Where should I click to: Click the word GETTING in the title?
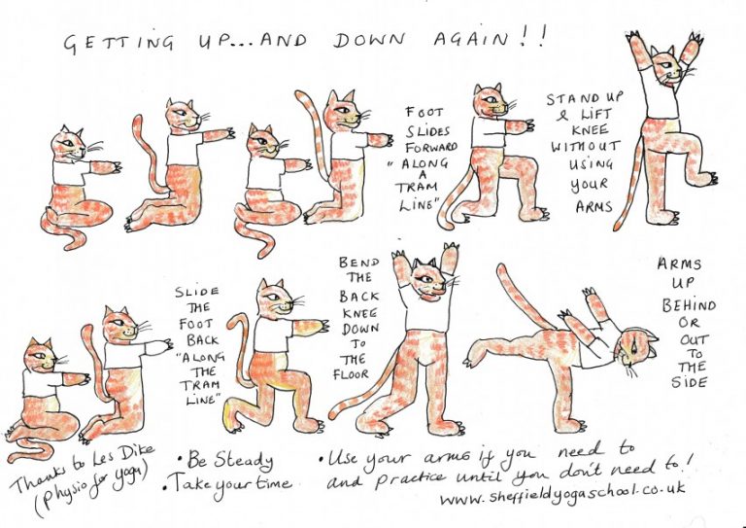[x=119, y=44]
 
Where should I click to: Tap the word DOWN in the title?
[x=369, y=41]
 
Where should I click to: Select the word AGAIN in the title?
[x=471, y=39]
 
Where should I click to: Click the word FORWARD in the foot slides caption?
[x=431, y=147]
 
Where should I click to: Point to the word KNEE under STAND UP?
[x=590, y=129]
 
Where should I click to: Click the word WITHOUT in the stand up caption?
[x=586, y=146]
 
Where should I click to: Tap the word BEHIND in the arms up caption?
[x=689, y=304]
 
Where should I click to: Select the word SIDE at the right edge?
[x=690, y=382]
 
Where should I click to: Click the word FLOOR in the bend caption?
[x=351, y=374]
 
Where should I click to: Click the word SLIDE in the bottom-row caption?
[x=197, y=292]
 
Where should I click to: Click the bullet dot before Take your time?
[x=164, y=488]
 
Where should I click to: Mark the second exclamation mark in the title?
[x=541, y=37]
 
